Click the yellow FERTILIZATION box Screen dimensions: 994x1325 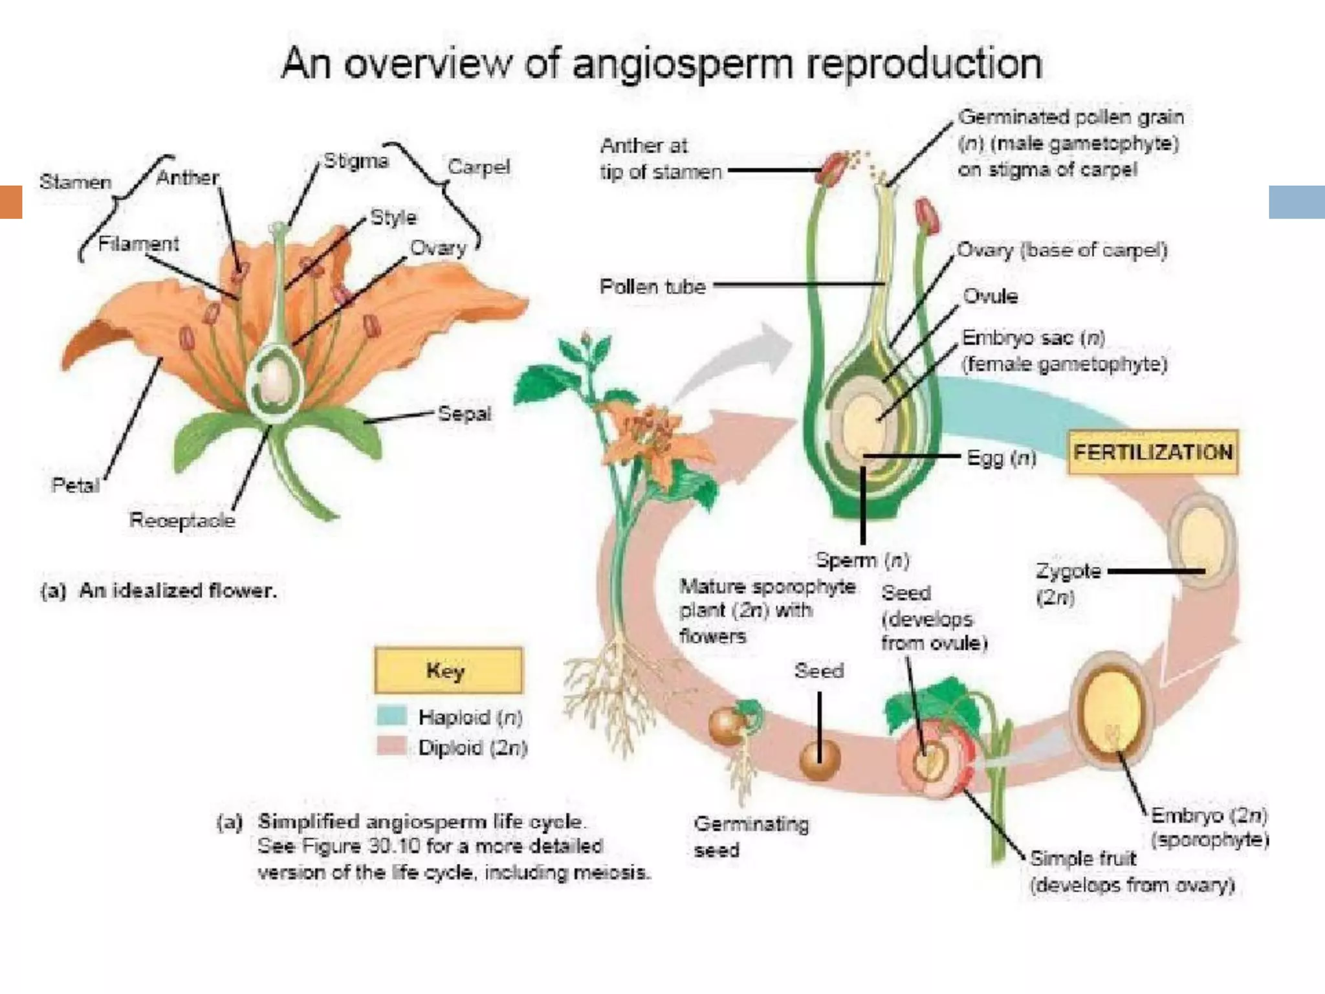click(x=1153, y=452)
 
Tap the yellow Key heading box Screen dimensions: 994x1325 click(x=448, y=670)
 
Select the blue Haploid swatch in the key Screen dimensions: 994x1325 click(x=391, y=716)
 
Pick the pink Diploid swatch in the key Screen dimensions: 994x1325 click(x=391, y=746)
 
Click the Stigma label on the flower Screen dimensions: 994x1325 click(x=356, y=160)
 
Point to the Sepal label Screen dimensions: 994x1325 click(x=465, y=413)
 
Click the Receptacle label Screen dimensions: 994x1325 click(x=182, y=520)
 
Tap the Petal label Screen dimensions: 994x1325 click(x=76, y=485)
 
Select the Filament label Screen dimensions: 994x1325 click(x=138, y=243)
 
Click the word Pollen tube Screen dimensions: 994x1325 click(x=652, y=286)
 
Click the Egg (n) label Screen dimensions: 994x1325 click(x=1002, y=458)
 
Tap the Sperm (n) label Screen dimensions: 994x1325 click(x=862, y=559)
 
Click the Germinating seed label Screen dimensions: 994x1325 click(x=750, y=836)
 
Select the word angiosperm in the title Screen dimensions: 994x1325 click(x=683, y=65)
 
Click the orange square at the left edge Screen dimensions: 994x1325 click(x=11, y=202)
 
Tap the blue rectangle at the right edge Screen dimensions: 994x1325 click(x=1297, y=202)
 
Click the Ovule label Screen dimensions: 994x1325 click(x=991, y=296)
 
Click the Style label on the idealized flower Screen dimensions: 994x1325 click(x=393, y=217)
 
